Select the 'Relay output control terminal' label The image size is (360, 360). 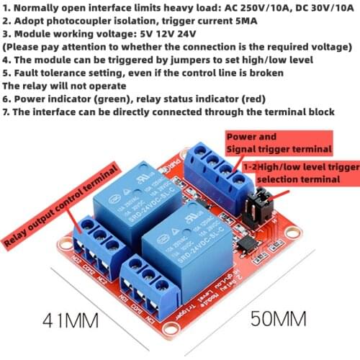click(60, 206)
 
